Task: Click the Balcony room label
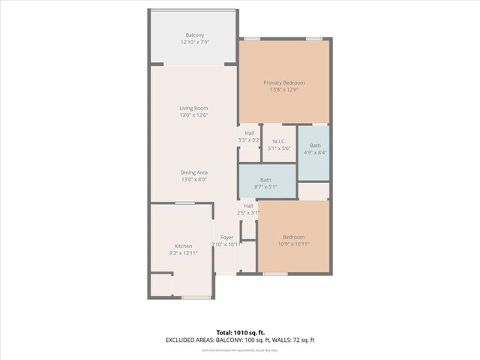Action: (194, 35)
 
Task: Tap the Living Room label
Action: (193, 108)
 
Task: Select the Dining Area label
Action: (193, 172)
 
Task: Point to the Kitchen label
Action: (184, 246)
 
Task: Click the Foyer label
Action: (226, 237)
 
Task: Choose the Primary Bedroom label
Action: (283, 82)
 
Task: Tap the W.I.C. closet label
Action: (278, 141)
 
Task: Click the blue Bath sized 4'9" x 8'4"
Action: (315, 145)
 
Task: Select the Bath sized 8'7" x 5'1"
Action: (265, 180)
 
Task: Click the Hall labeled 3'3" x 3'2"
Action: (249, 133)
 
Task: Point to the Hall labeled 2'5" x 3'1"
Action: (248, 205)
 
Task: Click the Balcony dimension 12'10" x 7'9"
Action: (194, 43)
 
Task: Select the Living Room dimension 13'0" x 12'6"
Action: (193, 115)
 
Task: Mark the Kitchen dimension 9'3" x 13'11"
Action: (184, 253)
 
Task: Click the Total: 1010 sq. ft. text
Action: (239, 332)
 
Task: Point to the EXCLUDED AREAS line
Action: (239, 340)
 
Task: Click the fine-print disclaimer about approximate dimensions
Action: (239, 350)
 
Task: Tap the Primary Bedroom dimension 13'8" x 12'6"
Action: (283, 90)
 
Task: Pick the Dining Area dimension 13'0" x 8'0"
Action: (193, 180)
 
